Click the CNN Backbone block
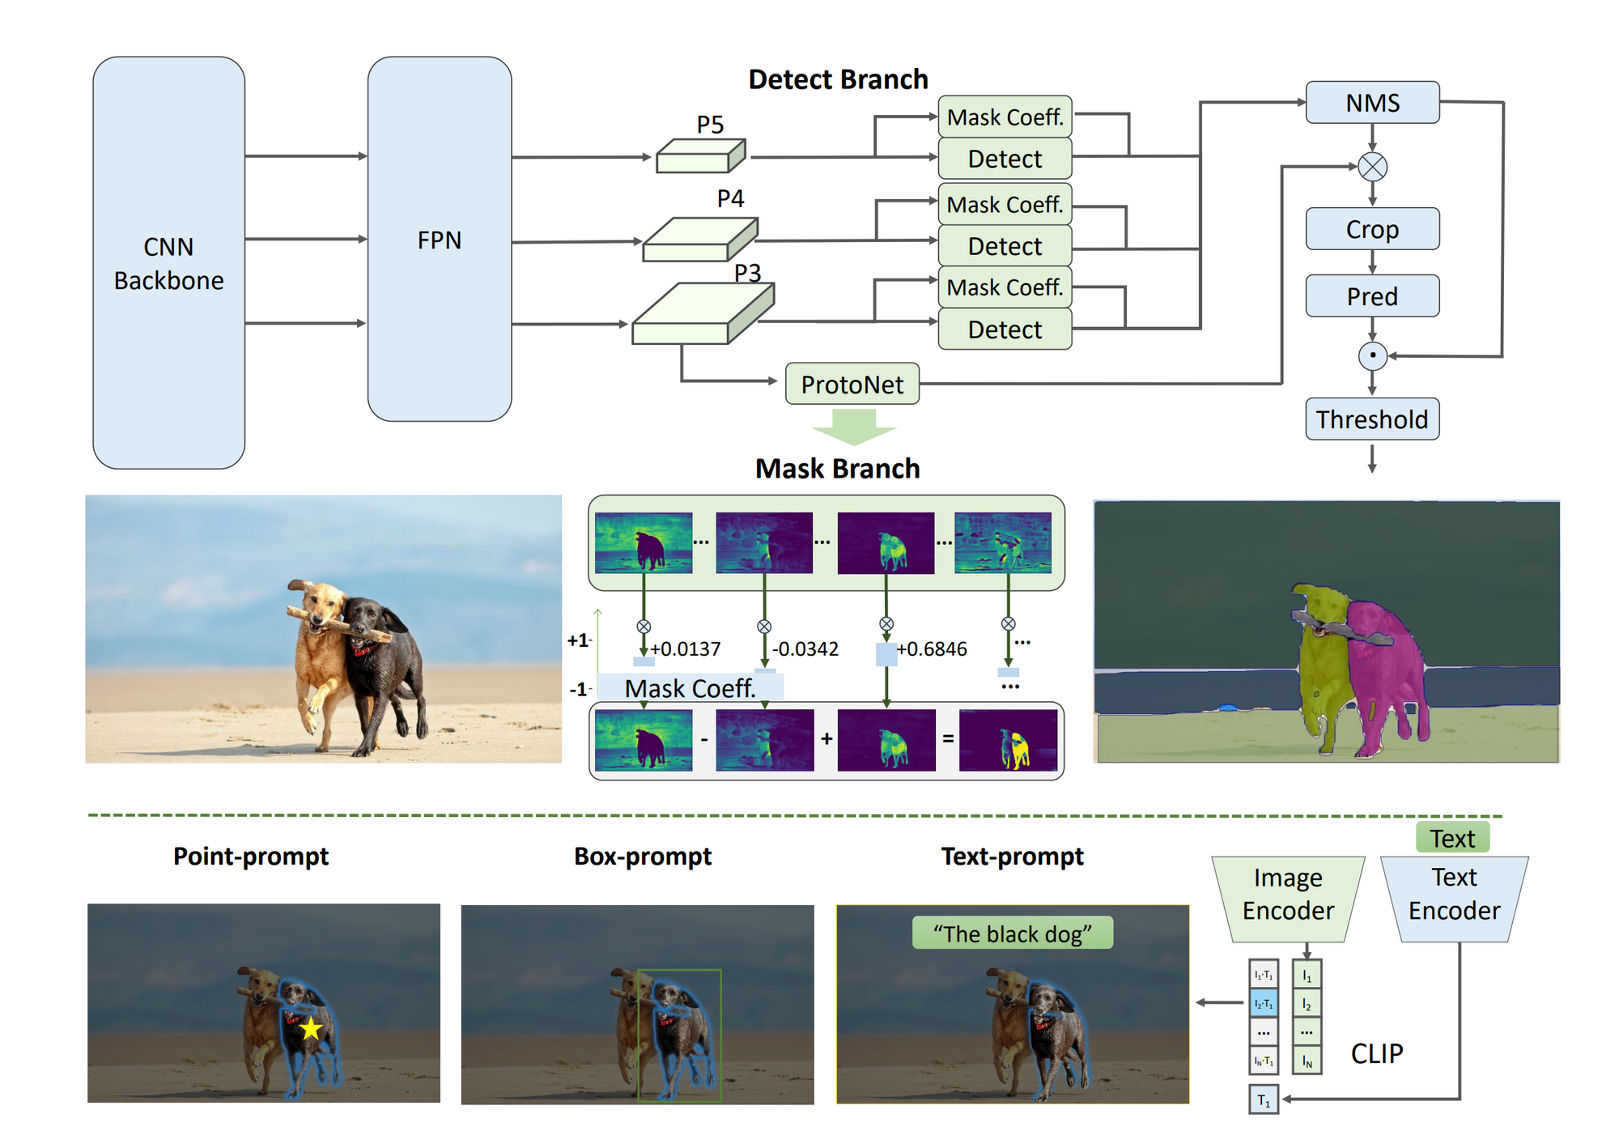point(168,263)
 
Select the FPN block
point(439,240)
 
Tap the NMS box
point(1372,103)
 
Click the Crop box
point(1372,229)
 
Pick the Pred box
point(1372,296)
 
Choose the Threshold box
point(1372,419)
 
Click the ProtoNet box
point(852,385)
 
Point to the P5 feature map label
point(710,125)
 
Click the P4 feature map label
point(730,198)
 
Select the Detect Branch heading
point(838,79)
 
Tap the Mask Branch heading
point(837,469)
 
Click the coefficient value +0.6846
point(932,649)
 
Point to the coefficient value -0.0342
point(805,649)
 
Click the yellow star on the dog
point(311,1029)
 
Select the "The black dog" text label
point(1012,933)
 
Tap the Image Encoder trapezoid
point(1288,895)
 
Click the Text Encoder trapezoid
point(1454,895)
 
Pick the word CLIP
point(1377,1053)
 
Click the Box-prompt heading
point(643,857)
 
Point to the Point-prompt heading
point(251,857)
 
